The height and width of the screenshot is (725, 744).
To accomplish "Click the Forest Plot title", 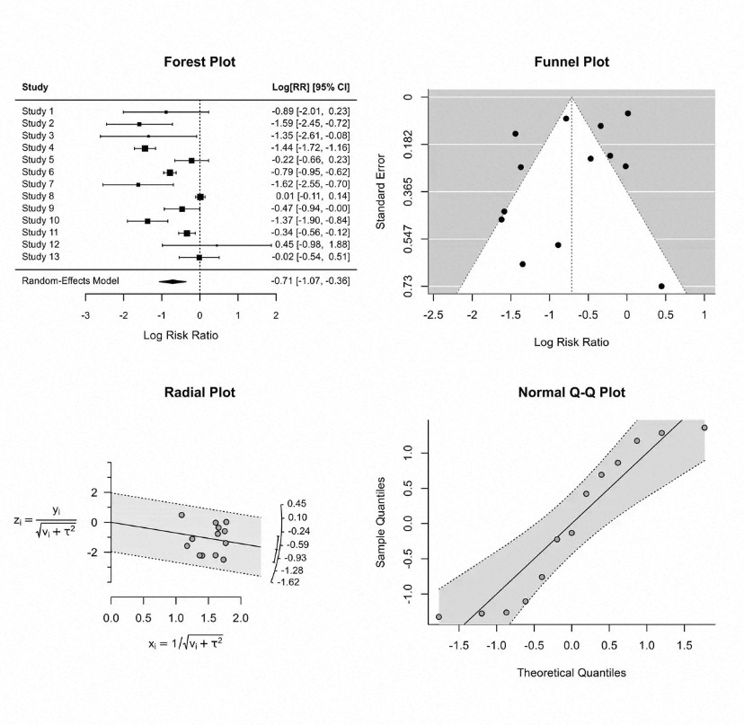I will click(x=199, y=63).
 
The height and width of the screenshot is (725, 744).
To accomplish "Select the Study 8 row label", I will click(x=38, y=196).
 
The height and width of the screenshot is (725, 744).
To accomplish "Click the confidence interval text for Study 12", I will click(x=311, y=244).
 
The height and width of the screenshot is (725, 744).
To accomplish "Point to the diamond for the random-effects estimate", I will click(x=173, y=281).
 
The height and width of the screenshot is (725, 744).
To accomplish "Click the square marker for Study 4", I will click(x=145, y=147).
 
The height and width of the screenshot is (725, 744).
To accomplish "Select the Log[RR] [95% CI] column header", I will click(x=311, y=87).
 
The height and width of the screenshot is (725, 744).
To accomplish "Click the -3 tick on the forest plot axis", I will click(x=85, y=316).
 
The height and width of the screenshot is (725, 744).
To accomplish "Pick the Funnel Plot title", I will click(x=571, y=63).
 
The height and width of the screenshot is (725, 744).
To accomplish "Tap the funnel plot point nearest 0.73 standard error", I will click(x=661, y=286).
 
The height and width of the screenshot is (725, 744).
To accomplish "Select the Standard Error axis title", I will click(x=381, y=191).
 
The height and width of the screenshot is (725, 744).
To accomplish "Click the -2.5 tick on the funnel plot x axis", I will click(x=434, y=316).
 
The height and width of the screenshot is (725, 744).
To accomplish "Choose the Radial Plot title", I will click(x=199, y=393).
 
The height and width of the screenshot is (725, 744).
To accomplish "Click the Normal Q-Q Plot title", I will click(x=571, y=393).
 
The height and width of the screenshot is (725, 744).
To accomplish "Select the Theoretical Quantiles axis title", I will click(x=571, y=672).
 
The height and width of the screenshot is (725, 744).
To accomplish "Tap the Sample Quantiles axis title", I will click(x=381, y=521).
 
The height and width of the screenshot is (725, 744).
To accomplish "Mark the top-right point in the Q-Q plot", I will click(x=704, y=428).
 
